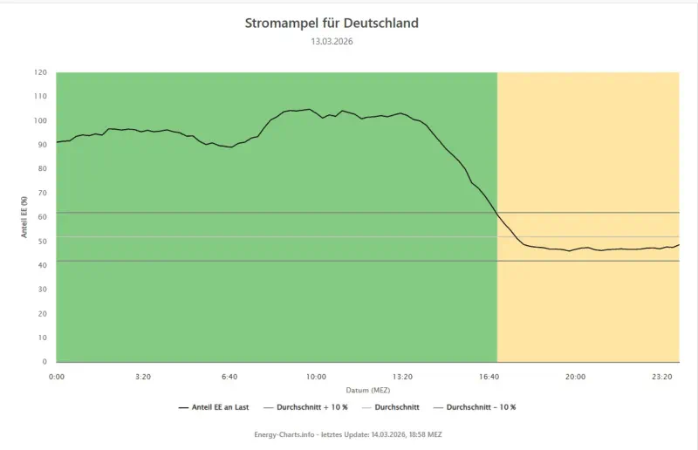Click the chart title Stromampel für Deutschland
(332, 23)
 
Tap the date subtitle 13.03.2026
(332, 41)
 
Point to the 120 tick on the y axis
(40, 72)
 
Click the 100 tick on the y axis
(40, 120)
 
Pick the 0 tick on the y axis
(44, 361)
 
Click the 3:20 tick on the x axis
(143, 377)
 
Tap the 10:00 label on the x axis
(316, 377)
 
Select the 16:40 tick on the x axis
(489, 377)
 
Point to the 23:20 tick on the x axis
(662, 377)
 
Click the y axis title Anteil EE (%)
(25, 217)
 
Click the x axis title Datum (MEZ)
(367, 390)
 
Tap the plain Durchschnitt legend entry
(405, 407)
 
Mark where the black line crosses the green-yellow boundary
(497, 214)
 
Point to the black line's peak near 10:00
(309, 109)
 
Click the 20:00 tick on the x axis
(576, 377)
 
